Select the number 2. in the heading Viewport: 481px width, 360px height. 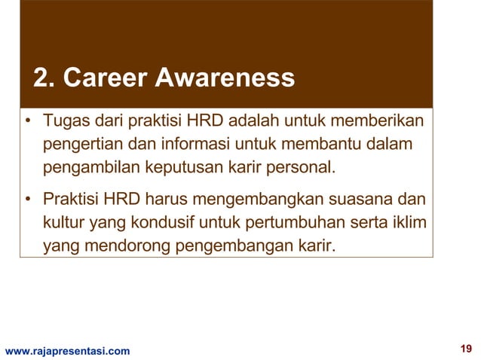coord(44,78)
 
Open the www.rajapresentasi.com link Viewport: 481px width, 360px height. coord(67,350)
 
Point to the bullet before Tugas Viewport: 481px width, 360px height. coord(28,122)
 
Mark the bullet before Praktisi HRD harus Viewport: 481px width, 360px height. coord(28,201)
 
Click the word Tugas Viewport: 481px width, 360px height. coord(64,121)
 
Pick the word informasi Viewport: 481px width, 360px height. coord(184,143)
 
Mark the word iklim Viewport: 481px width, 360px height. coord(407,223)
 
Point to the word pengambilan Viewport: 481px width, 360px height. coord(86,165)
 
